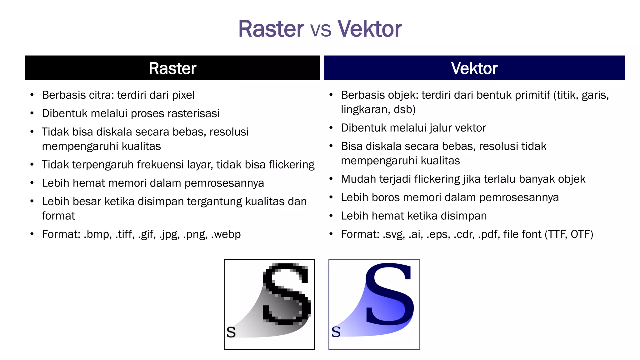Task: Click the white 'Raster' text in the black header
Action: [172, 68]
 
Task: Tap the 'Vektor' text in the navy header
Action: [474, 68]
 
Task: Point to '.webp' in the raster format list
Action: [226, 234]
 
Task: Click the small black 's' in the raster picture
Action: [231, 332]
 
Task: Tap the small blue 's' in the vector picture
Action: [336, 332]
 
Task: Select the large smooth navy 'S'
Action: [389, 294]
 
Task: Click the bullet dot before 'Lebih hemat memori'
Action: [32, 183]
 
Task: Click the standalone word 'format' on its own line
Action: [58, 216]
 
